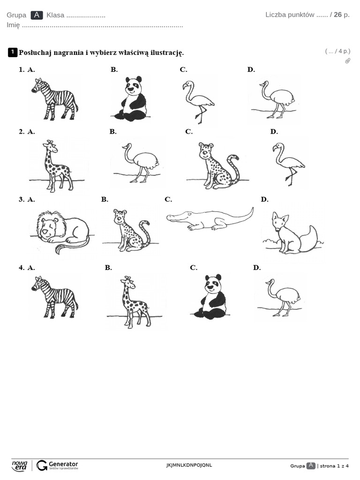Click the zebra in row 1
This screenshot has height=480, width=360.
(54, 98)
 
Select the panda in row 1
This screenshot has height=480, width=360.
(131, 99)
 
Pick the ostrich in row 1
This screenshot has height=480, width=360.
(277, 99)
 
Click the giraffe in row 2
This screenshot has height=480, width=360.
(57, 165)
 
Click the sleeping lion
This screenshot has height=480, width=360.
(61, 230)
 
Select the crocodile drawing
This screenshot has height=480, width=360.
(210, 219)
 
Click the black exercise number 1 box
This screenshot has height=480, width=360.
(13, 52)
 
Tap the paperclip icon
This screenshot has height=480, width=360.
(347, 60)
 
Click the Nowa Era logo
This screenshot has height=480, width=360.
(20, 465)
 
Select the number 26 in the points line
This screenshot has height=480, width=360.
(337, 15)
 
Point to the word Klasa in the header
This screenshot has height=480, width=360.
(55, 15)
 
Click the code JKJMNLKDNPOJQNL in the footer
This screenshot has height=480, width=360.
(189, 465)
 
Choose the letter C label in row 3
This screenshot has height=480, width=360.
(168, 199)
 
